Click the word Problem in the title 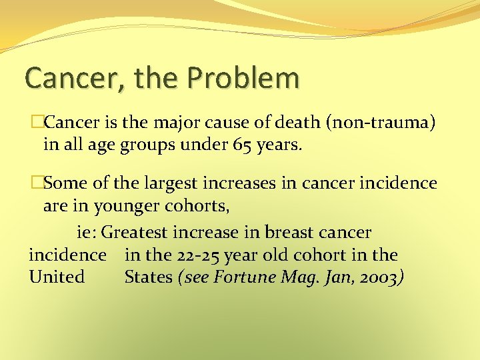243,79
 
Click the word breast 292,233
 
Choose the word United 57,276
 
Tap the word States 148,276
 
